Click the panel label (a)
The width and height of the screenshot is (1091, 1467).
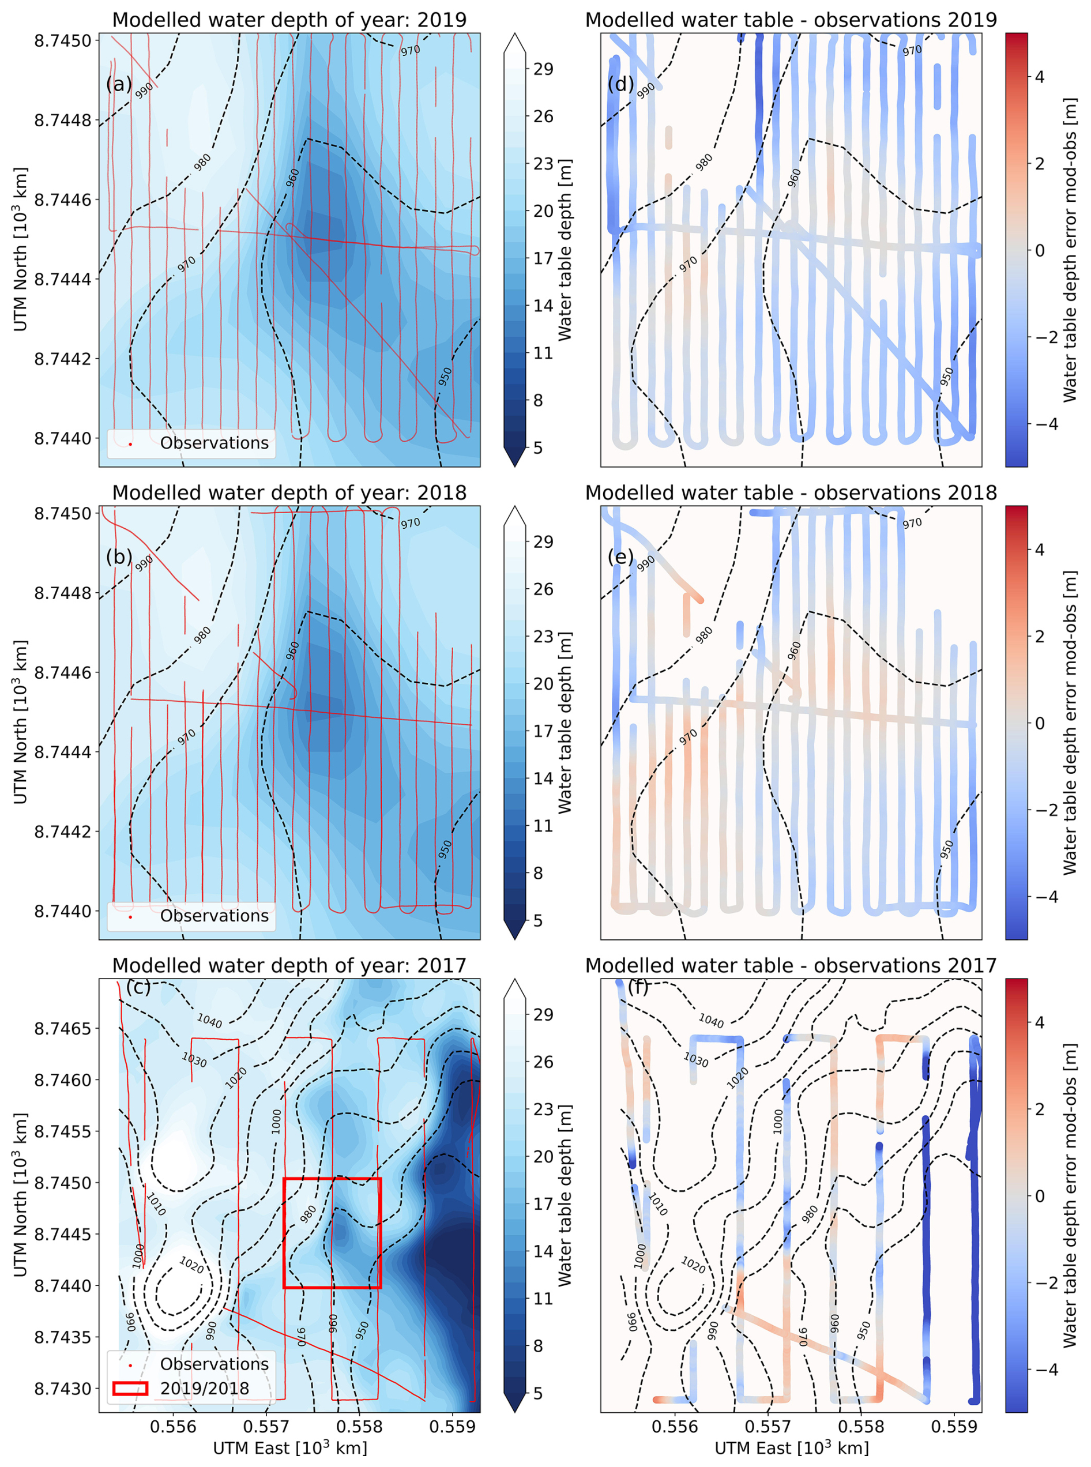119,85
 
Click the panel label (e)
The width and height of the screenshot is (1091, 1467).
620,557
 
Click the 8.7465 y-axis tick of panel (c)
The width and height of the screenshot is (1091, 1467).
63,1028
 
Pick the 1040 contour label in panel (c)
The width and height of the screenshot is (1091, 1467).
209,1021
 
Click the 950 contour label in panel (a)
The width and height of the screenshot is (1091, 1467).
445,377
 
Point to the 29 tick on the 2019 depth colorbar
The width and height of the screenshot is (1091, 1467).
543,69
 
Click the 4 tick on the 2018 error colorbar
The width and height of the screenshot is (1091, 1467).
1040,550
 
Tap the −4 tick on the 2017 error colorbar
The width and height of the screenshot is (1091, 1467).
1040,1370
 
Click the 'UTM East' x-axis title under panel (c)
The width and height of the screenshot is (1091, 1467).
289,1449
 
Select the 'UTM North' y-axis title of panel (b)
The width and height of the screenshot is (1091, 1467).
21,722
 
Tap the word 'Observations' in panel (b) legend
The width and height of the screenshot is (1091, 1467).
214,916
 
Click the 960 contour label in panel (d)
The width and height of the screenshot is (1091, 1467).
794,178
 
